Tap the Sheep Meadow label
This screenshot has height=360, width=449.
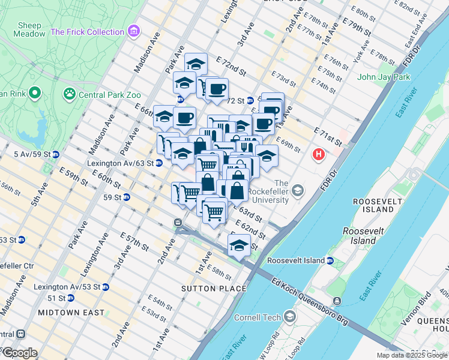29,30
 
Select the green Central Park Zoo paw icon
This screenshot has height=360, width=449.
70,94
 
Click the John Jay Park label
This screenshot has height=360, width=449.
384,77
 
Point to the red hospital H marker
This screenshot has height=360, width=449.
319,155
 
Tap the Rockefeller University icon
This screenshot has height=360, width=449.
299,191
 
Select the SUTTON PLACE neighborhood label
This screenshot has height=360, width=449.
214,289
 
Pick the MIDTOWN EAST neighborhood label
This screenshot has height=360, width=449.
71,313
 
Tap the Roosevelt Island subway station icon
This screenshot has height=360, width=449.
330,260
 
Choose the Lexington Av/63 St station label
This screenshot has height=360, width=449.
120,163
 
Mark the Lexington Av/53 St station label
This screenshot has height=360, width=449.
67,287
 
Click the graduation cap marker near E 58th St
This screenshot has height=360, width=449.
239,245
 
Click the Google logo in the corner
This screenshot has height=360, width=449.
19,353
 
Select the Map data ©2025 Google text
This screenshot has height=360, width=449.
412,355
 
